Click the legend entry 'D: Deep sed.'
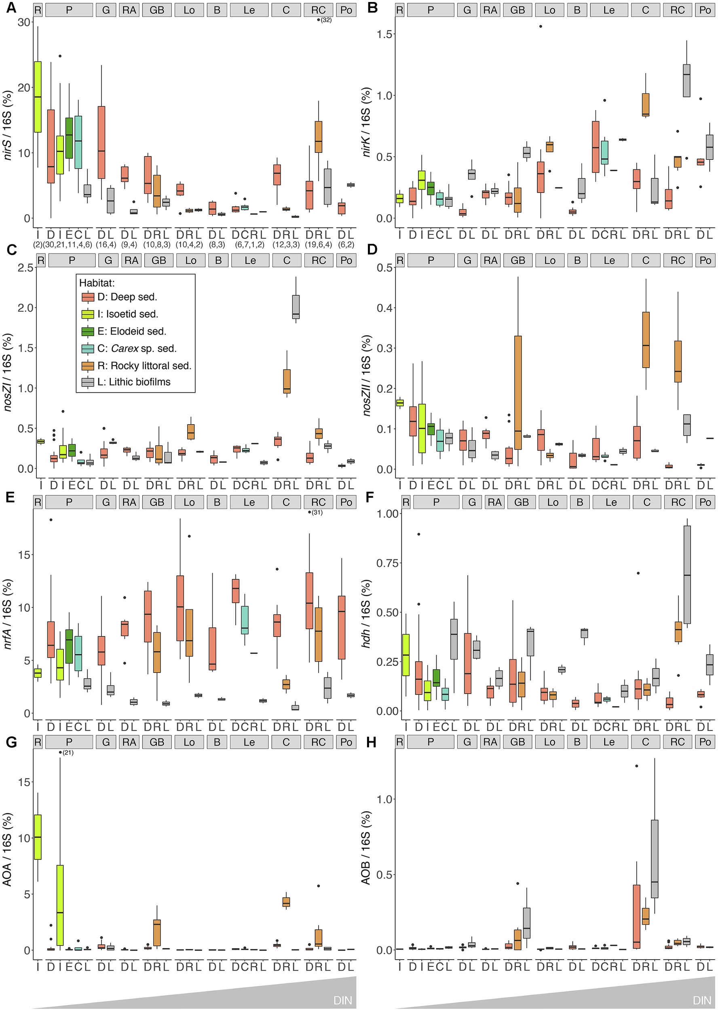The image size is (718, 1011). click(127, 297)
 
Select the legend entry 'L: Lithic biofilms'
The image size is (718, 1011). click(133, 382)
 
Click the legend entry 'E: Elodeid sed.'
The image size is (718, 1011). click(131, 331)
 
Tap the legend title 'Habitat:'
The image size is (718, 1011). click(97, 283)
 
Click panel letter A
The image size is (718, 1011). click(11, 8)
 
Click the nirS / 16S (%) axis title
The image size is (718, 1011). click(8, 124)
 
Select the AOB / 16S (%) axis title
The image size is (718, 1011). click(366, 847)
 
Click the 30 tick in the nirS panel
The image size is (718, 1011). click(24, 22)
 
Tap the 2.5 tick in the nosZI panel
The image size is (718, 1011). click(25, 268)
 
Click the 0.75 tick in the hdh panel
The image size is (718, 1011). click(387, 563)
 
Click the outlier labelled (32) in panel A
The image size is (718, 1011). click(318, 20)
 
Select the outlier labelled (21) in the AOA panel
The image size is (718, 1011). click(60, 752)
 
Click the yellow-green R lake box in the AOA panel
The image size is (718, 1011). click(38, 837)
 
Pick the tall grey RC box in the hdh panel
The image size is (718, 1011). click(687, 575)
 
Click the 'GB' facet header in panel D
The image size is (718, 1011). click(518, 260)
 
